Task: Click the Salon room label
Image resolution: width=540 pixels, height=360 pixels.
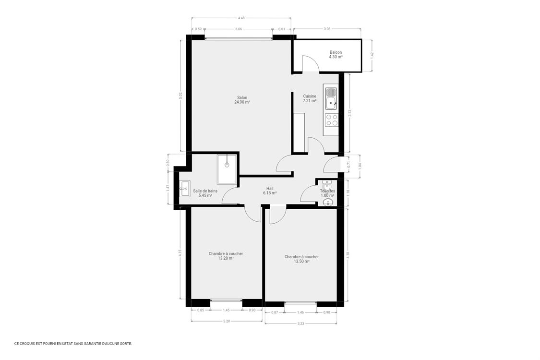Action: pos(242,100)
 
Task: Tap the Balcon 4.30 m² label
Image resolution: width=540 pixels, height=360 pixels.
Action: pos(336,55)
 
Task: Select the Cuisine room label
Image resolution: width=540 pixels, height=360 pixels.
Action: pos(310,98)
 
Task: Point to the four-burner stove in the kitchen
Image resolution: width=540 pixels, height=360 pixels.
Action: pos(331,120)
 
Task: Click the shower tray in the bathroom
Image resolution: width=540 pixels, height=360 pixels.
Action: pos(227,169)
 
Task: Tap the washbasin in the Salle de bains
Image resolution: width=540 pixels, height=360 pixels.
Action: pos(184,189)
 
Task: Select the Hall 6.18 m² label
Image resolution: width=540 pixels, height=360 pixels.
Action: pos(270,191)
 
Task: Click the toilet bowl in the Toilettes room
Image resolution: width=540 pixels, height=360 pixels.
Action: pos(328,202)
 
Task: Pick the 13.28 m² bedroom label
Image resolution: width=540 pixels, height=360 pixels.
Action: pos(226,256)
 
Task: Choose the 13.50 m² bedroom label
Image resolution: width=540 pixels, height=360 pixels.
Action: pos(301,259)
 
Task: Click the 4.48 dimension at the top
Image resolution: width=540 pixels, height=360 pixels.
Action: pos(241,18)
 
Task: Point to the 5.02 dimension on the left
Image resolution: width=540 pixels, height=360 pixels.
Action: pos(181,95)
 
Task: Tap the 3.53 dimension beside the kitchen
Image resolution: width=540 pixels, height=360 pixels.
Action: pos(350,113)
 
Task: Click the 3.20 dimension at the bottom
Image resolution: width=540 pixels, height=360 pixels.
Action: pos(226,321)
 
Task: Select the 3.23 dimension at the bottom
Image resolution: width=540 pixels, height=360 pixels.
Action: pos(301,324)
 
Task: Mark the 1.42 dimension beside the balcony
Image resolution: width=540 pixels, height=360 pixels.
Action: pos(372,55)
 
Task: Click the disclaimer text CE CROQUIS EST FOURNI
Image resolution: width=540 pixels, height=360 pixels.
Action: pos(73,344)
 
